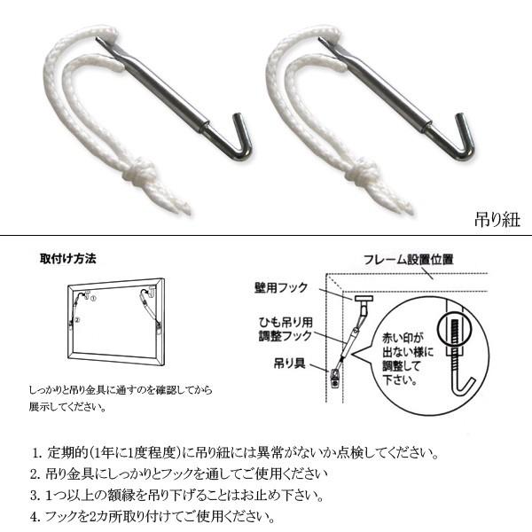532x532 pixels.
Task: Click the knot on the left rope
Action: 140,174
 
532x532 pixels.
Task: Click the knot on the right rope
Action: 362,174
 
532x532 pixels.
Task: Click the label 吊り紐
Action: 497,220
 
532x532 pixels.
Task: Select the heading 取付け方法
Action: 68,259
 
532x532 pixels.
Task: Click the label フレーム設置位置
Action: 409,260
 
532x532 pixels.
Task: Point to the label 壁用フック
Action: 281,287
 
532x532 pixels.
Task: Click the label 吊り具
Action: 289,364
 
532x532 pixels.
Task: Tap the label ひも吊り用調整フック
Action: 285,329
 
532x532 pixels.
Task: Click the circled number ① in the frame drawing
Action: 93,299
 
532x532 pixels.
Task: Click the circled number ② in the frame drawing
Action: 77,319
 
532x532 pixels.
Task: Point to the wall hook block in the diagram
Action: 364,299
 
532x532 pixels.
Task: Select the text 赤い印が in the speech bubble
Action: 403,338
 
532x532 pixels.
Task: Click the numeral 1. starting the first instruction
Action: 36,453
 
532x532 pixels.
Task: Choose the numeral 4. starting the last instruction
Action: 35,517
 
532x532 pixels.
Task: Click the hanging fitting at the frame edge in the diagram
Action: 335,378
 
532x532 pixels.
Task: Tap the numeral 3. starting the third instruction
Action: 35,496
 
